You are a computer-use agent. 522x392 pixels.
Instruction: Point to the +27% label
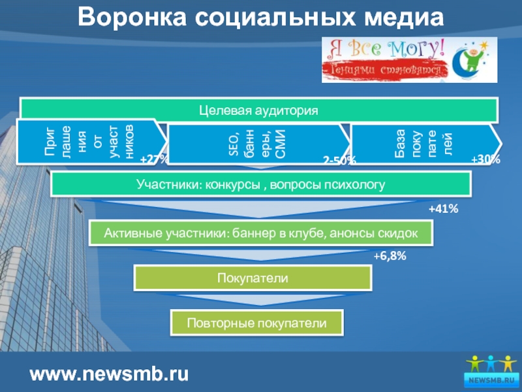155,159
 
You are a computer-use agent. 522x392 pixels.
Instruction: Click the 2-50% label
340,161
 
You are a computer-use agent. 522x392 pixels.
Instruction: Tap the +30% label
485,159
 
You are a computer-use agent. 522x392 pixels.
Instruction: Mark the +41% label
444,209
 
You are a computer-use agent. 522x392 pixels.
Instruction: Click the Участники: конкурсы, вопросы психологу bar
261,184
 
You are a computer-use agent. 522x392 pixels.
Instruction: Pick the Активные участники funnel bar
261,233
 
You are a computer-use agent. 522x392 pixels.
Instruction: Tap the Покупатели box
253,278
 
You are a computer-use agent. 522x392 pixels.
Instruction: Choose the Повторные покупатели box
256,323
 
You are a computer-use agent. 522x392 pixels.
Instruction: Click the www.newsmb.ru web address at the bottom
110,374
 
